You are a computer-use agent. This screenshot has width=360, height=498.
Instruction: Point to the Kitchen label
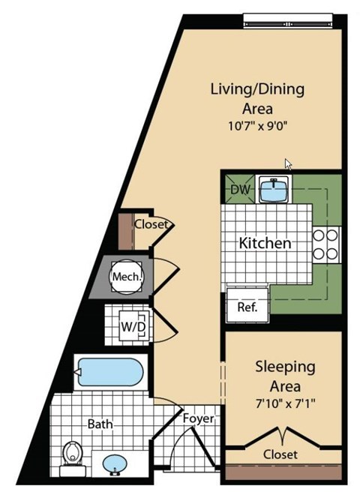tap(264, 243)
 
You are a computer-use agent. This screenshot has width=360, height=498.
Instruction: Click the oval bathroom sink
tap(115, 463)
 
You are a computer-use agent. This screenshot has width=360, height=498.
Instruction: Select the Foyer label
tap(199, 418)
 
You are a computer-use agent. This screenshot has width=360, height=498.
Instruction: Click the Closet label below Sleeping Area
tap(280, 454)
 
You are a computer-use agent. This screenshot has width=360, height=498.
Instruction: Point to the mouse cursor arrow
tap(289, 163)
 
